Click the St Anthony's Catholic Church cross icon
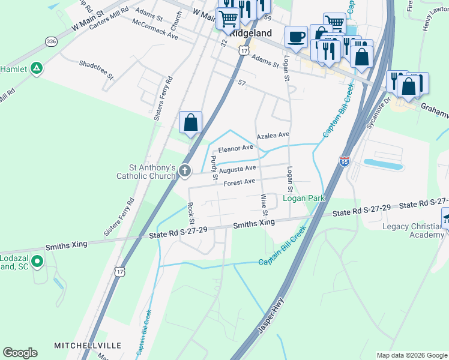pyautogui.click(x=185, y=172)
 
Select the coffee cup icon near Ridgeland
pyautogui.click(x=295, y=37)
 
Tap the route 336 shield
pyautogui.click(x=51, y=41)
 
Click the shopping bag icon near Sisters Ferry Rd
pyautogui.click(x=190, y=123)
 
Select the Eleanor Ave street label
pyautogui.click(x=236, y=148)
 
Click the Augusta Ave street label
pyautogui.click(x=238, y=170)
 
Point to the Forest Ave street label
pyautogui.click(x=240, y=182)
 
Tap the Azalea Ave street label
pyautogui.click(x=273, y=136)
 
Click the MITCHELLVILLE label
pyautogui.click(x=88, y=346)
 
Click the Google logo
pyautogui.click(x=20, y=353)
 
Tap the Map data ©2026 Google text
pyautogui.click(x=411, y=355)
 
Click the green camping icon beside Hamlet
pyautogui.click(x=37, y=68)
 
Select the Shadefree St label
pyautogui.click(x=96, y=69)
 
